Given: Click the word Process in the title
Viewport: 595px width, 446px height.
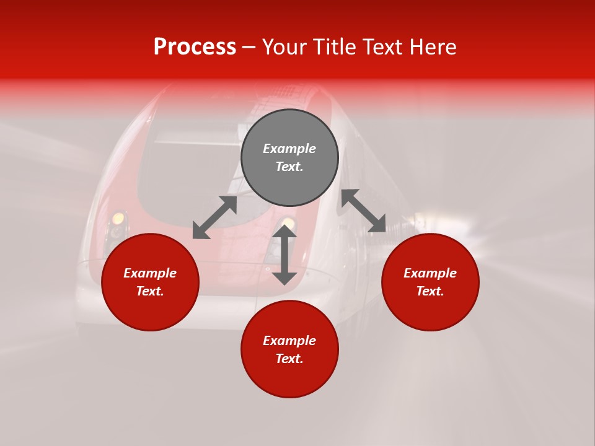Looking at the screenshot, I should pyautogui.click(x=195, y=47).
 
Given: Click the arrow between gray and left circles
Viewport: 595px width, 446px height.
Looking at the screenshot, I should pyautogui.click(x=214, y=217).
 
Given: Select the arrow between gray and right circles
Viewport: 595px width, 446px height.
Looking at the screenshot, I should pyautogui.click(x=364, y=211).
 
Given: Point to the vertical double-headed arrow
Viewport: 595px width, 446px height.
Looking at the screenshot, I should pyautogui.click(x=284, y=255).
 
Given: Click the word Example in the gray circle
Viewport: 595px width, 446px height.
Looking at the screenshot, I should pyautogui.click(x=289, y=149).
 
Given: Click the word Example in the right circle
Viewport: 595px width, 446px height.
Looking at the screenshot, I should pyautogui.click(x=430, y=273).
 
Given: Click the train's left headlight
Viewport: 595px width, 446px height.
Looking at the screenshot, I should pyautogui.click(x=117, y=219).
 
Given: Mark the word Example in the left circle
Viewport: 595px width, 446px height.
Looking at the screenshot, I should pyautogui.click(x=150, y=273).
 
